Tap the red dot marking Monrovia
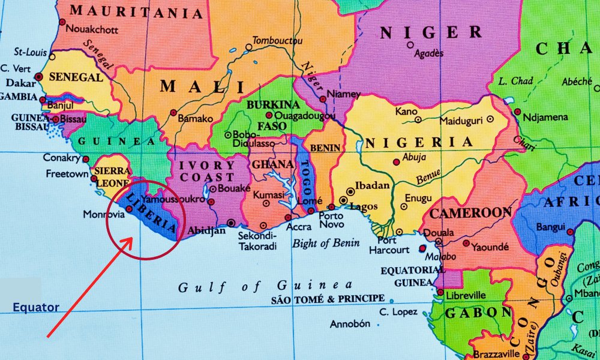point(129,209)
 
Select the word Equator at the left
point(36,308)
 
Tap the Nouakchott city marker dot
point(61,22)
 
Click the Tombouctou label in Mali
point(277,40)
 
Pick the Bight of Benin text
point(326,243)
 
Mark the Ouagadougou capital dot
point(269,115)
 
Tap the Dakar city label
point(20,83)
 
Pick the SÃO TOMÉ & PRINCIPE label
point(328,298)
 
